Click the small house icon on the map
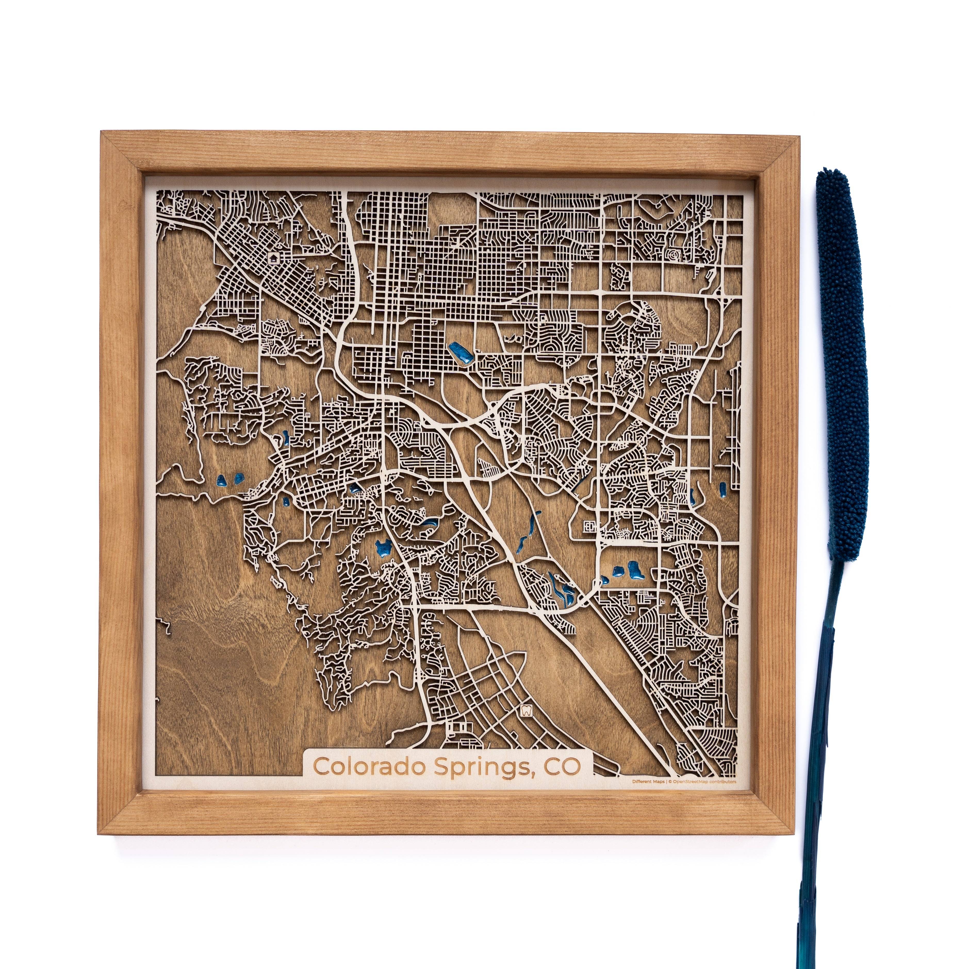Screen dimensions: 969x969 click(273, 258)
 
